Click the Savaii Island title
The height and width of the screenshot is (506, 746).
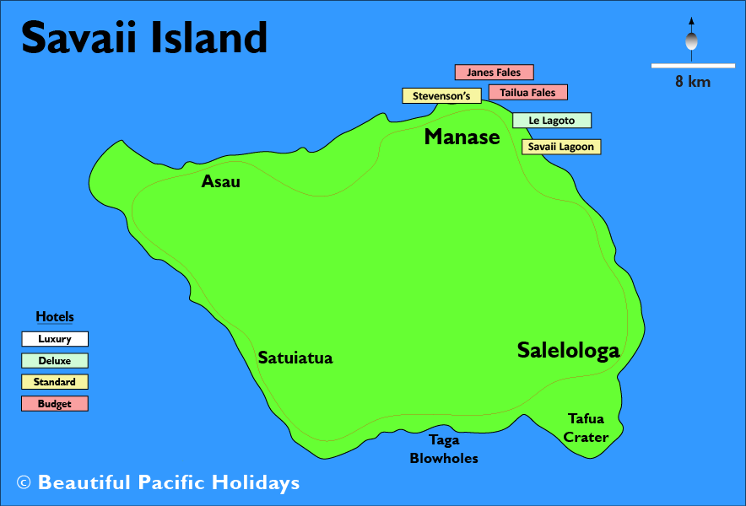pyautogui.click(x=143, y=38)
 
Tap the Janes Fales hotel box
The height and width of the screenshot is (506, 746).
pyautogui.click(x=494, y=73)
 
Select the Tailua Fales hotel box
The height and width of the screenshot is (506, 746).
pyautogui.click(x=527, y=92)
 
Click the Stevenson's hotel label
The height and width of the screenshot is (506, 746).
pyautogui.click(x=441, y=96)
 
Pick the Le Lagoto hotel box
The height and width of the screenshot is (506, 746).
pyautogui.click(x=551, y=121)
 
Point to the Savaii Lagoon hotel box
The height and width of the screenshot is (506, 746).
pyautogui.click(x=561, y=147)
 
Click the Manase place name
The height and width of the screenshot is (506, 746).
pyautogui.click(x=462, y=137)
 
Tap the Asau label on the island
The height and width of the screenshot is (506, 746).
pyautogui.click(x=220, y=181)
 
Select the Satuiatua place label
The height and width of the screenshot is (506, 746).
pyautogui.click(x=295, y=358)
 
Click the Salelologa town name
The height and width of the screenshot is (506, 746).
pyautogui.click(x=568, y=350)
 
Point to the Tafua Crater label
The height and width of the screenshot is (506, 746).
pyautogui.click(x=586, y=428)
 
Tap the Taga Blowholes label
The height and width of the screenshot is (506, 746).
pyautogui.click(x=444, y=449)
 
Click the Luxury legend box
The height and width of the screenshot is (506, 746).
pyautogui.click(x=55, y=339)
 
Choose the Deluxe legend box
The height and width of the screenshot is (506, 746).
pyautogui.click(x=55, y=361)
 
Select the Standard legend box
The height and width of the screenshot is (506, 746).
pyautogui.click(x=55, y=382)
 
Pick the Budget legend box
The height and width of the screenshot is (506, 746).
pyautogui.click(x=55, y=404)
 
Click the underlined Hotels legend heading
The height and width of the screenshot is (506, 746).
pyautogui.click(x=55, y=317)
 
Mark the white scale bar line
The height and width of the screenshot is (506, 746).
pyautogui.click(x=692, y=65)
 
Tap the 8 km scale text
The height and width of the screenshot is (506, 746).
pyautogui.click(x=692, y=82)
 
